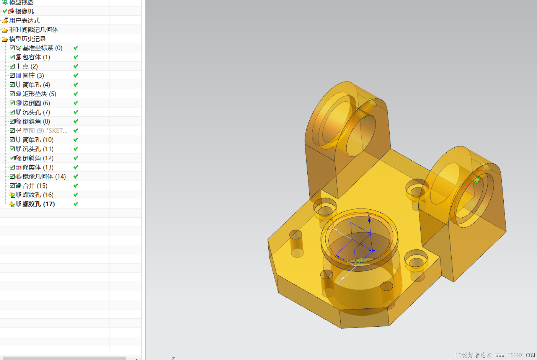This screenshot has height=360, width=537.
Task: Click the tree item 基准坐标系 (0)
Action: click(42, 48)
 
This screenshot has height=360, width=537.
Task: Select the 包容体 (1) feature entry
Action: click(36, 57)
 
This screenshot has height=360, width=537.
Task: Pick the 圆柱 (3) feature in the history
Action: click(33, 75)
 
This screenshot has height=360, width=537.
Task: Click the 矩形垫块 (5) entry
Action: click(39, 94)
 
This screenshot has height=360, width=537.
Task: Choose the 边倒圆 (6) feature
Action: click(36, 103)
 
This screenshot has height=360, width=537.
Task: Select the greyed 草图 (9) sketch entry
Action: click(45, 130)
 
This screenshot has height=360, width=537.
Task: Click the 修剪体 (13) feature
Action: click(38, 167)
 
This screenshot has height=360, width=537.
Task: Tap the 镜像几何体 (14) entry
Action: click(44, 177)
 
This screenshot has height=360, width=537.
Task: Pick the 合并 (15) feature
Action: click(35, 186)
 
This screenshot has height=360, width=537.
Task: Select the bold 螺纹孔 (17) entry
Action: click(39, 204)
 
